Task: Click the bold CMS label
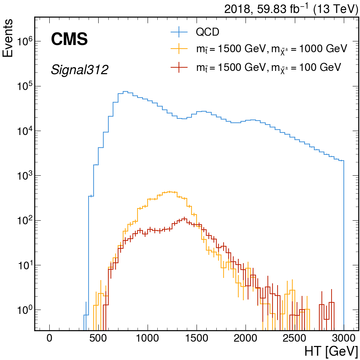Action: click(69, 39)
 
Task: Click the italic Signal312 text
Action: click(79, 70)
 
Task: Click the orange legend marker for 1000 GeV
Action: click(179, 49)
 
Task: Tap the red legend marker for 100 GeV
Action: click(179, 67)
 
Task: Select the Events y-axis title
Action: click(8, 38)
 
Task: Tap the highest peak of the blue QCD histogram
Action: click(125, 92)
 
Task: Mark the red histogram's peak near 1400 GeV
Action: click(184, 218)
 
